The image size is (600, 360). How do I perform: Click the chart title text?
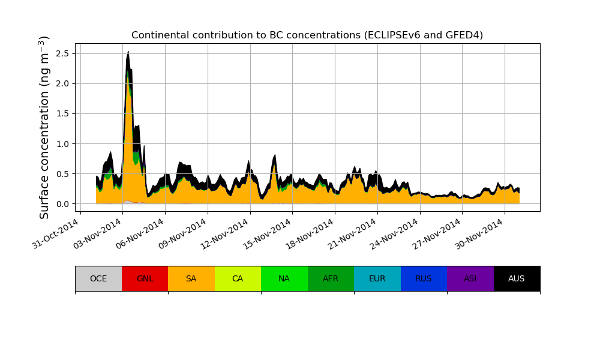click(307, 35)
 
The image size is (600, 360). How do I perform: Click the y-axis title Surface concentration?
click(44, 127)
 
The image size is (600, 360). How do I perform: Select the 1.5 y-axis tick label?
click(62, 113)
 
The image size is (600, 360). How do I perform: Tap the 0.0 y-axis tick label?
click(62, 204)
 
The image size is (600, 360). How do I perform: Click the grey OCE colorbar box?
click(98, 278)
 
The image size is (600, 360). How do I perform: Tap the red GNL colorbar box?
click(145, 278)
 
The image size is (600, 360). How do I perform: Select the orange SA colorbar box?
click(191, 278)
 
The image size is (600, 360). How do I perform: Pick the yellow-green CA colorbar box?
click(238, 278)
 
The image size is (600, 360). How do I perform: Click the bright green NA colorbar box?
click(284, 278)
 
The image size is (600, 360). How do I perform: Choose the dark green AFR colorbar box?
click(331, 278)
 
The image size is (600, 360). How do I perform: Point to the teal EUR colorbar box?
click(377, 278)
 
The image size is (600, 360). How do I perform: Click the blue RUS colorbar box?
click(424, 278)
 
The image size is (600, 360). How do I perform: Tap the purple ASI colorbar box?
click(470, 278)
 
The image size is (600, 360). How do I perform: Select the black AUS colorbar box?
click(517, 278)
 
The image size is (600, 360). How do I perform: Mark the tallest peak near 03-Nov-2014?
click(128, 52)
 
